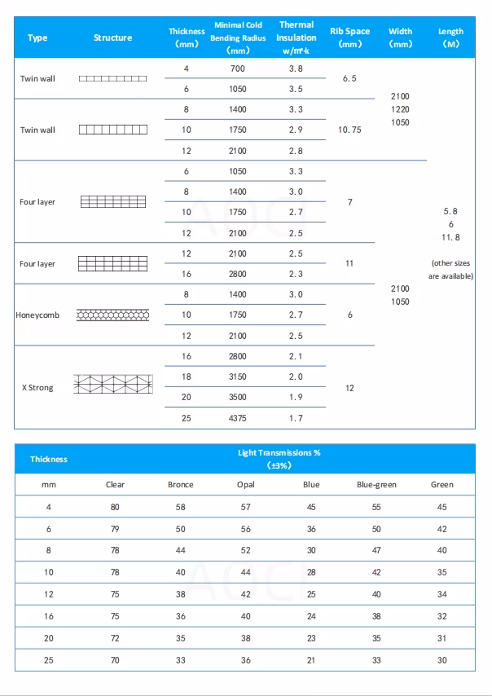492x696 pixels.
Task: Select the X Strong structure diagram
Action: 112,386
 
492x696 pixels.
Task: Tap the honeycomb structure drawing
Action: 112,315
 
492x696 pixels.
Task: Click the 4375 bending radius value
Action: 238,418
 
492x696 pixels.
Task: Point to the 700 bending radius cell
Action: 238,68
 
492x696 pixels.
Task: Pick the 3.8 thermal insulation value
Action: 296,68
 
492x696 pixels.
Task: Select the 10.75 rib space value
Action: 350,130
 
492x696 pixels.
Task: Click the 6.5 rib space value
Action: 350,79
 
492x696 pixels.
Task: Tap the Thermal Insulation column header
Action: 297,37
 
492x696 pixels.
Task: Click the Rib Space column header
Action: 350,37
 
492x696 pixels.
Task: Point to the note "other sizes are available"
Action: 450,270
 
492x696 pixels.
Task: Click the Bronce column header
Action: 181,485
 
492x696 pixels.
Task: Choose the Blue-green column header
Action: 376,485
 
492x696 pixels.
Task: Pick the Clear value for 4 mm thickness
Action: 115,507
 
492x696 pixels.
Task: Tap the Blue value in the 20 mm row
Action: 311,638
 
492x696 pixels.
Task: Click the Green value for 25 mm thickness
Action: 441,660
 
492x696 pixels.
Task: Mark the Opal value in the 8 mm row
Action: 246,551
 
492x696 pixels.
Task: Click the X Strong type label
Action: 37,388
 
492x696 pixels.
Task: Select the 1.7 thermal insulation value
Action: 296,418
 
